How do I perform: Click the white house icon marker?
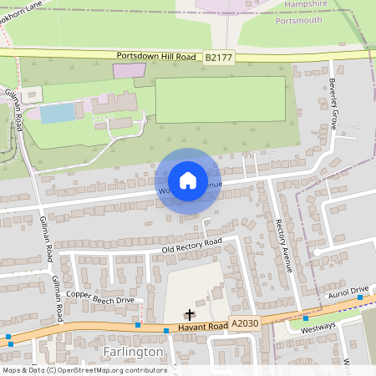click(x=188, y=180)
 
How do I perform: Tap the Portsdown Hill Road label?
click(x=156, y=55)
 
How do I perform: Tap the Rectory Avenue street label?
click(x=282, y=246)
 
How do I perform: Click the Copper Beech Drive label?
click(x=100, y=298)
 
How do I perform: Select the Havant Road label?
click(x=206, y=327)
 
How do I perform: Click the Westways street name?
click(x=318, y=327)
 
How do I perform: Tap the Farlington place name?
click(x=134, y=352)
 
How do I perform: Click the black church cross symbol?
click(x=190, y=315)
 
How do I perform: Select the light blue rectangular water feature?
click(x=57, y=112)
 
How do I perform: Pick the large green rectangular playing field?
click(x=220, y=99)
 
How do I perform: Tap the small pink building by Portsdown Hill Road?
click(x=129, y=70)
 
